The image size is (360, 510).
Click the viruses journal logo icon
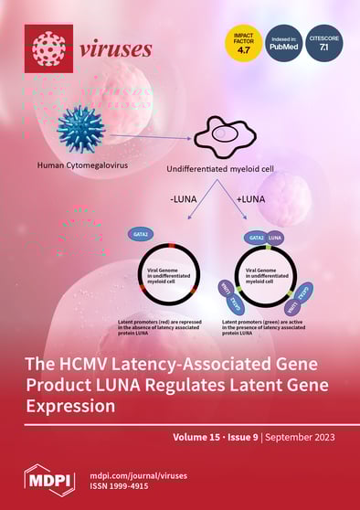click(48, 49)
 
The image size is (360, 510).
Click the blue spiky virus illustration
click(80, 128)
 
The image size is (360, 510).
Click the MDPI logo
click(48, 477)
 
